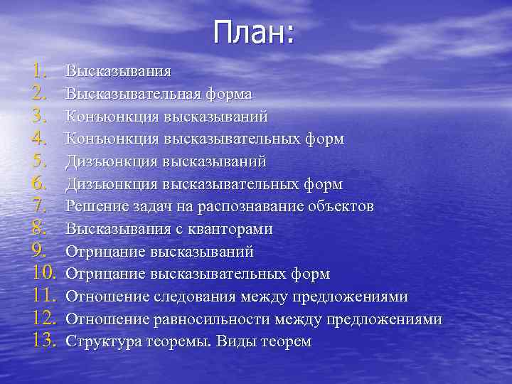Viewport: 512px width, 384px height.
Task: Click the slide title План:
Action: [x=253, y=32]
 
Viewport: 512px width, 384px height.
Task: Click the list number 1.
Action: [x=40, y=70]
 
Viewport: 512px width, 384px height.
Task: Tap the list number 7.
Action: [x=40, y=207]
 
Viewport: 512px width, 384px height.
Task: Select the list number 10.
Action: [x=40, y=274]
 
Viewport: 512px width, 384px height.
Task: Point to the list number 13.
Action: [x=40, y=341]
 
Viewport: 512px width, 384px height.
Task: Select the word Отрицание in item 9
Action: [x=105, y=252]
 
